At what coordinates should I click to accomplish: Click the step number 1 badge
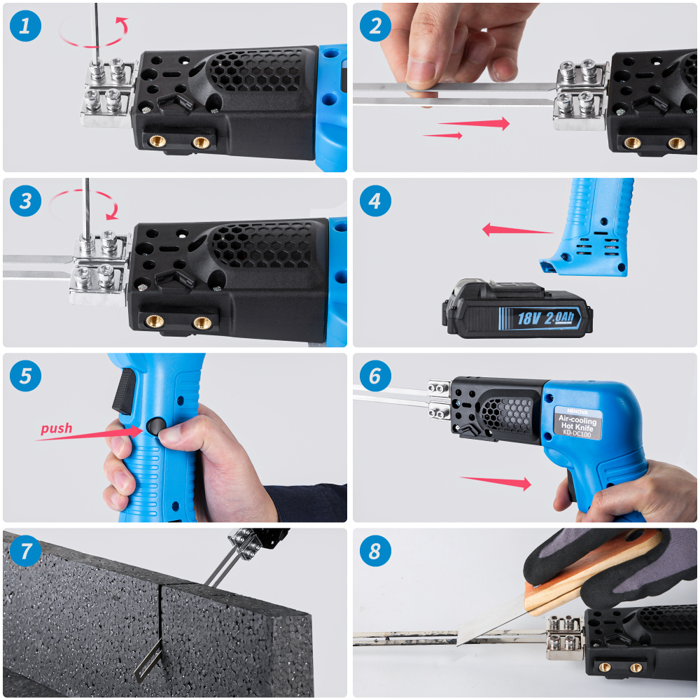tap(26, 27)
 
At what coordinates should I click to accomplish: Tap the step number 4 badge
tap(376, 202)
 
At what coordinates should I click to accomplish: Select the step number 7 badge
tap(26, 552)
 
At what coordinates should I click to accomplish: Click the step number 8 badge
tap(376, 552)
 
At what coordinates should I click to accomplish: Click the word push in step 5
tap(56, 428)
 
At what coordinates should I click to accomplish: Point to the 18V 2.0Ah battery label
tap(545, 318)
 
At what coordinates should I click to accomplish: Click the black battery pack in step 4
tap(514, 309)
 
